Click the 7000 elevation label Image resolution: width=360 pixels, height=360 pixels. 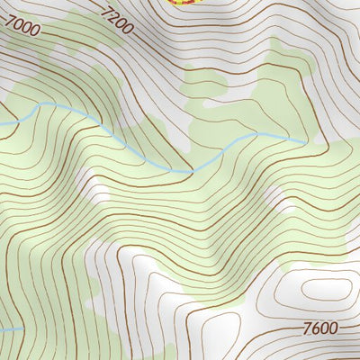22,28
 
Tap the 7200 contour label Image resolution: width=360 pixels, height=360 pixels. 118,20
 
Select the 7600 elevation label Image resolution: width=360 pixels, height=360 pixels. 320,328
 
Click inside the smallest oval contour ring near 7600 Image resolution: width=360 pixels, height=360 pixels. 325,289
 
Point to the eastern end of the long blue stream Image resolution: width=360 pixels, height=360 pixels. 302,142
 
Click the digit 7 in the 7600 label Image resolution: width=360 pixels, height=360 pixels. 309,328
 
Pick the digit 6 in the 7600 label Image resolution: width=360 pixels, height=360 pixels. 317,328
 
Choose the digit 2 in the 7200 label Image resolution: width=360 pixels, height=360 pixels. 115,17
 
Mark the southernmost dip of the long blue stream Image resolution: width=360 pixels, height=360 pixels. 189,171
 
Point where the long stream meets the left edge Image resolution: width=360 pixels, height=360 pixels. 2,123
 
